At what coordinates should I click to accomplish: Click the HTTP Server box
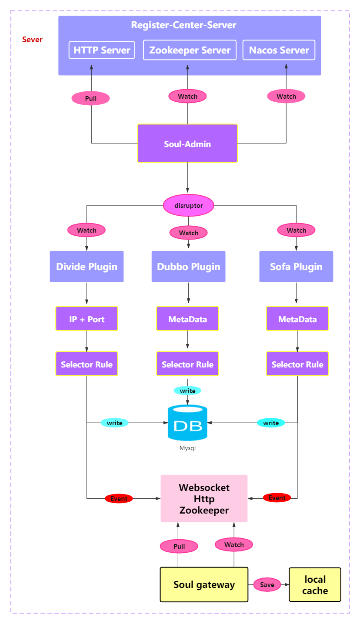(102, 50)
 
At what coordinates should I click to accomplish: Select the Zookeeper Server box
(190, 50)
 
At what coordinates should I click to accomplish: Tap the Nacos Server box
(279, 50)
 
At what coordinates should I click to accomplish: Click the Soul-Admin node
(187, 143)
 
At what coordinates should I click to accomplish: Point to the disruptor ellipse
(188, 205)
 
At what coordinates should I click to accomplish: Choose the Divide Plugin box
(87, 267)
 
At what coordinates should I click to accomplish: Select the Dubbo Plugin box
(188, 267)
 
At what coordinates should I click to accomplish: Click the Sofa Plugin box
(296, 267)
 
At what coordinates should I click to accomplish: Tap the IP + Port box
(87, 319)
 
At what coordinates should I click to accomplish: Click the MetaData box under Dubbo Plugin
(187, 319)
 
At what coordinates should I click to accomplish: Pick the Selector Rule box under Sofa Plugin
(297, 364)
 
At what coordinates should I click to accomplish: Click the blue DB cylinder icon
(187, 423)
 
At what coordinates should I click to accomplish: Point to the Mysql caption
(187, 448)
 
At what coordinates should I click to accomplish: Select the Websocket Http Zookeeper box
(204, 498)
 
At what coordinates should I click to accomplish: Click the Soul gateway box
(204, 584)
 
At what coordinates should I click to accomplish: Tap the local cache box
(315, 585)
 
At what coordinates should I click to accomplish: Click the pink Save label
(267, 585)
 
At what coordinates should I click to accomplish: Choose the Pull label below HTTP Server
(90, 99)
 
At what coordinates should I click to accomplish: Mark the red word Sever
(32, 40)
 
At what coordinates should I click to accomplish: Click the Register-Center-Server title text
(183, 25)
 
